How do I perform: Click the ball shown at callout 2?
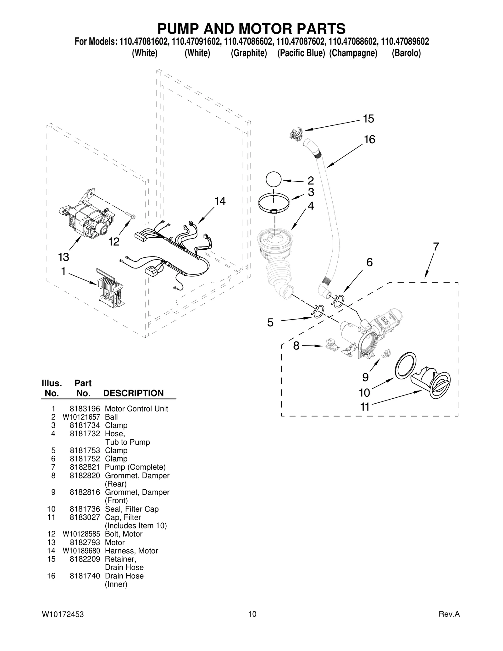tap(273, 180)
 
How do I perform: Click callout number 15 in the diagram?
tap(368, 119)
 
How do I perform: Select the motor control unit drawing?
tap(110, 288)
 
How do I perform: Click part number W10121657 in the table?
tap(81, 417)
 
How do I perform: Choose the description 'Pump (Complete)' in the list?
tap(135, 467)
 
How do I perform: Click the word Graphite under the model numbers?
tap(249, 53)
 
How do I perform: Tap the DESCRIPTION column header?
tap(133, 393)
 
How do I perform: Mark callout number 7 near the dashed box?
tap(436, 247)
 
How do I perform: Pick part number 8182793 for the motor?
tap(85, 543)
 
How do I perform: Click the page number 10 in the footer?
tap(252, 614)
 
